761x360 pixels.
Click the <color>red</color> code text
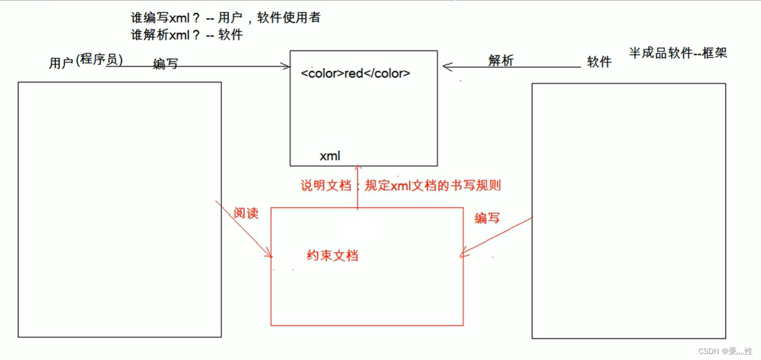356,73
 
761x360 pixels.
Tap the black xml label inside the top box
329,156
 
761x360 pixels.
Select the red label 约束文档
332,255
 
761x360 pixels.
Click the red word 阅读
246,213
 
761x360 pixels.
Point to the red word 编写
487,218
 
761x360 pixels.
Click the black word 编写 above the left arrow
165,64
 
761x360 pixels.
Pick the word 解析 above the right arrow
500,61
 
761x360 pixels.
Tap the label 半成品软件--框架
677,53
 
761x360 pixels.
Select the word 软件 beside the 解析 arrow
599,62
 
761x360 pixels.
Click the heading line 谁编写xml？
225,18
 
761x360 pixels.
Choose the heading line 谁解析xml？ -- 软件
187,35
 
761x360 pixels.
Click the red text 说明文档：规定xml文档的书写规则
401,186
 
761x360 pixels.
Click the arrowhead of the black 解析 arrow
446,67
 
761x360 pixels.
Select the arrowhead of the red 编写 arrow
463,254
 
